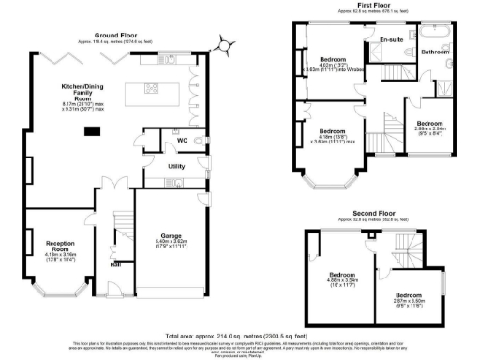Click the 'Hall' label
(115, 264)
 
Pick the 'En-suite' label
(391, 40)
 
